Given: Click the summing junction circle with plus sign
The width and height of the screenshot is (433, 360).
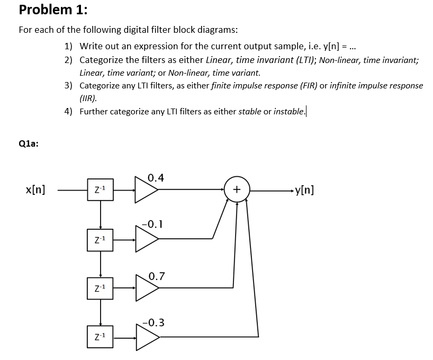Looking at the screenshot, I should point(237,190).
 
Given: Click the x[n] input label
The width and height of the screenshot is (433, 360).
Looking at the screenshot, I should point(35,189).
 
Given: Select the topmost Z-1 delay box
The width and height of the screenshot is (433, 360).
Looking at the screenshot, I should point(100,190).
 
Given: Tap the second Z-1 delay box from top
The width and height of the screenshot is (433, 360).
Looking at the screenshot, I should point(100,240).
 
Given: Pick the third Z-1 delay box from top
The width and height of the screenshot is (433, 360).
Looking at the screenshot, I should point(100,287).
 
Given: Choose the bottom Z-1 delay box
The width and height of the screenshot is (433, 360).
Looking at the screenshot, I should point(100,336).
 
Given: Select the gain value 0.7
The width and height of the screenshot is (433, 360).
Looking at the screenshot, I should point(157,276).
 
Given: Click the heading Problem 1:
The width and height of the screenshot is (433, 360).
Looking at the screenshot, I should point(53,10).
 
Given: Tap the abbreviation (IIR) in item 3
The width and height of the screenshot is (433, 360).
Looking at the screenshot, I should point(88,98).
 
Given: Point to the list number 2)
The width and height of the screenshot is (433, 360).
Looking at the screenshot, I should point(69,60).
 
